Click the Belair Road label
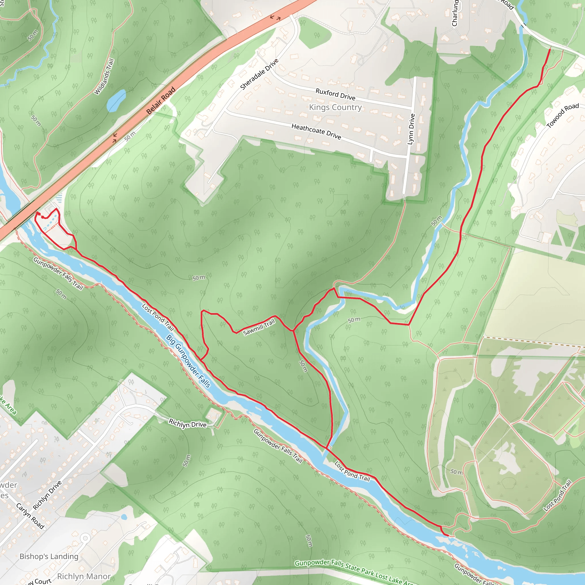click(x=161, y=100)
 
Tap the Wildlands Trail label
click(x=104, y=77)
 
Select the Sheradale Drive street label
click(x=259, y=74)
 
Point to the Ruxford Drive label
click(x=335, y=94)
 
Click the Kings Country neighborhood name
click(x=335, y=107)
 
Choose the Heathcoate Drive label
click(x=316, y=131)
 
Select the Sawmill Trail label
click(x=259, y=327)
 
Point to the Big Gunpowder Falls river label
click(x=188, y=361)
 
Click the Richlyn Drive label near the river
click(x=187, y=424)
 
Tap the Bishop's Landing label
click(x=49, y=556)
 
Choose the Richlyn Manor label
click(x=84, y=576)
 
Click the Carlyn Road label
click(x=30, y=516)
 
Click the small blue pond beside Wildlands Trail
click(x=116, y=101)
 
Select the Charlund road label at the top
click(x=455, y=14)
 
